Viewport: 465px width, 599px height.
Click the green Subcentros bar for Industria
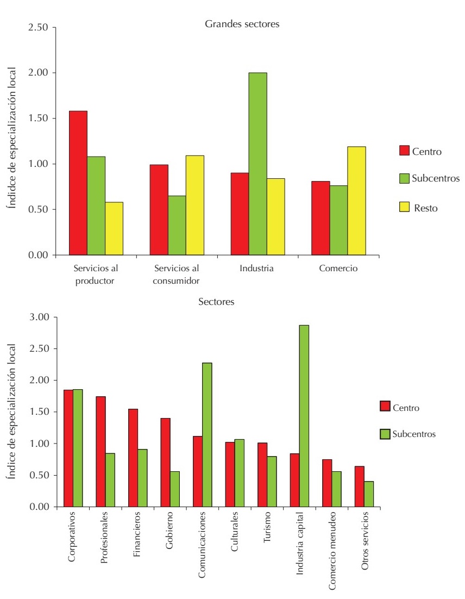(x=257, y=164)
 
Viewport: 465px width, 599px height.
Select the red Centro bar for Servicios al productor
(x=78, y=183)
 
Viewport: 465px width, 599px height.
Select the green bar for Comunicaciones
(x=207, y=434)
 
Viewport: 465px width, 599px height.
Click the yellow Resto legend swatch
(x=405, y=207)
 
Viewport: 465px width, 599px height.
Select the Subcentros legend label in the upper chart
(x=436, y=179)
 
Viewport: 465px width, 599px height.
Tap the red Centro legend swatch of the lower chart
(x=385, y=407)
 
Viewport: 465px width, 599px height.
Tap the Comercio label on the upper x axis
(x=338, y=268)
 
